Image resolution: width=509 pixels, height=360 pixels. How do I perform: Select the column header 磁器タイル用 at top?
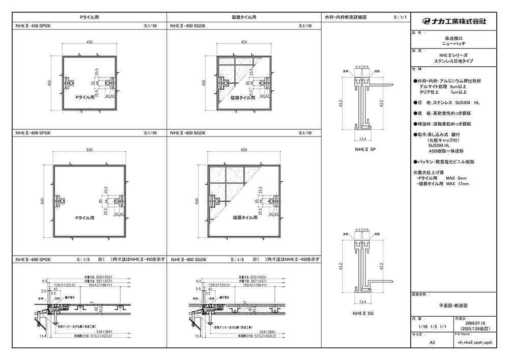click(244, 17)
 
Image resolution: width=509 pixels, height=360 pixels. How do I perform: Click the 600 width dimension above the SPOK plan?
click(89, 150)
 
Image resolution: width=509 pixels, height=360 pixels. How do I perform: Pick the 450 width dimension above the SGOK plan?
click(244, 42)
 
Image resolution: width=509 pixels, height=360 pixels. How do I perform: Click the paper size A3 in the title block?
click(432, 343)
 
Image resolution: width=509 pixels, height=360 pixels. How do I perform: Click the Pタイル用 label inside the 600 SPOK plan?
click(85, 218)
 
